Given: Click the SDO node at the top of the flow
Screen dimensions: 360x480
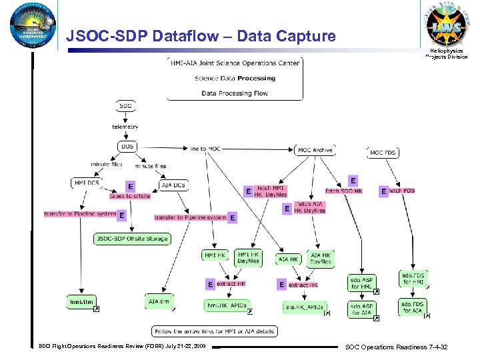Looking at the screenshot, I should click(125, 105).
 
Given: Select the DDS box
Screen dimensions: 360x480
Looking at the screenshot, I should click(126, 147).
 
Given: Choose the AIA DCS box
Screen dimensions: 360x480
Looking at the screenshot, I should click(173, 185).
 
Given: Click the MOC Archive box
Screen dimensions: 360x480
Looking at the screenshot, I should click(315, 151).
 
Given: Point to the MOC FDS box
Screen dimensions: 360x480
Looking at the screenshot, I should click(383, 153).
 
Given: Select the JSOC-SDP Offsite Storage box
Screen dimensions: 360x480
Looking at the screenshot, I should click(132, 239).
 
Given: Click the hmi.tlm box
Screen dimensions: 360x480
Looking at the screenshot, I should click(82, 301).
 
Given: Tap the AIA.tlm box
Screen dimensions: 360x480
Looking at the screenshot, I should click(159, 301).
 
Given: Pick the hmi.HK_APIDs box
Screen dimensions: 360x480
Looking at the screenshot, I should click(227, 305).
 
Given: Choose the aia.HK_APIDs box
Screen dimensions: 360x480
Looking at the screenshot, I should click(304, 307).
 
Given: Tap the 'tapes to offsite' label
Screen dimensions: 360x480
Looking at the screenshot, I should click(130, 196).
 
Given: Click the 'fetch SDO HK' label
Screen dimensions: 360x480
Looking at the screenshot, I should click(344, 191).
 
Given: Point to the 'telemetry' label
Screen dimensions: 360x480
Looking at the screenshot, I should click(125, 126).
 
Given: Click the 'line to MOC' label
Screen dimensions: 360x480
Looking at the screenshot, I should click(205, 149).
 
